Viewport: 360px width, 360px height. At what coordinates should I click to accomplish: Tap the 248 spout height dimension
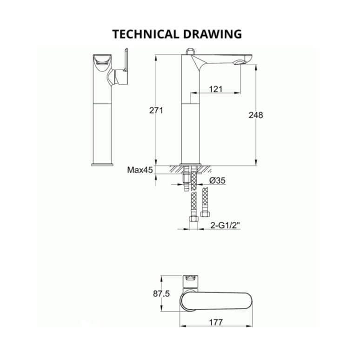pos(256,114)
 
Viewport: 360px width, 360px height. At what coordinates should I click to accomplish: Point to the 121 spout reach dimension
pos(215,89)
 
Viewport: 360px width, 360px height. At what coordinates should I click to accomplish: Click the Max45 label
pos(140,170)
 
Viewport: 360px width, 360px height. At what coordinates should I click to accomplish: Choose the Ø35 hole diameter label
pos(217,180)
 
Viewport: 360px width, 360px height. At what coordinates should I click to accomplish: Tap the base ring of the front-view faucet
pos(103,163)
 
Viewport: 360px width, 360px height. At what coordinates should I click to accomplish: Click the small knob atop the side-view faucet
pos(190,51)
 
